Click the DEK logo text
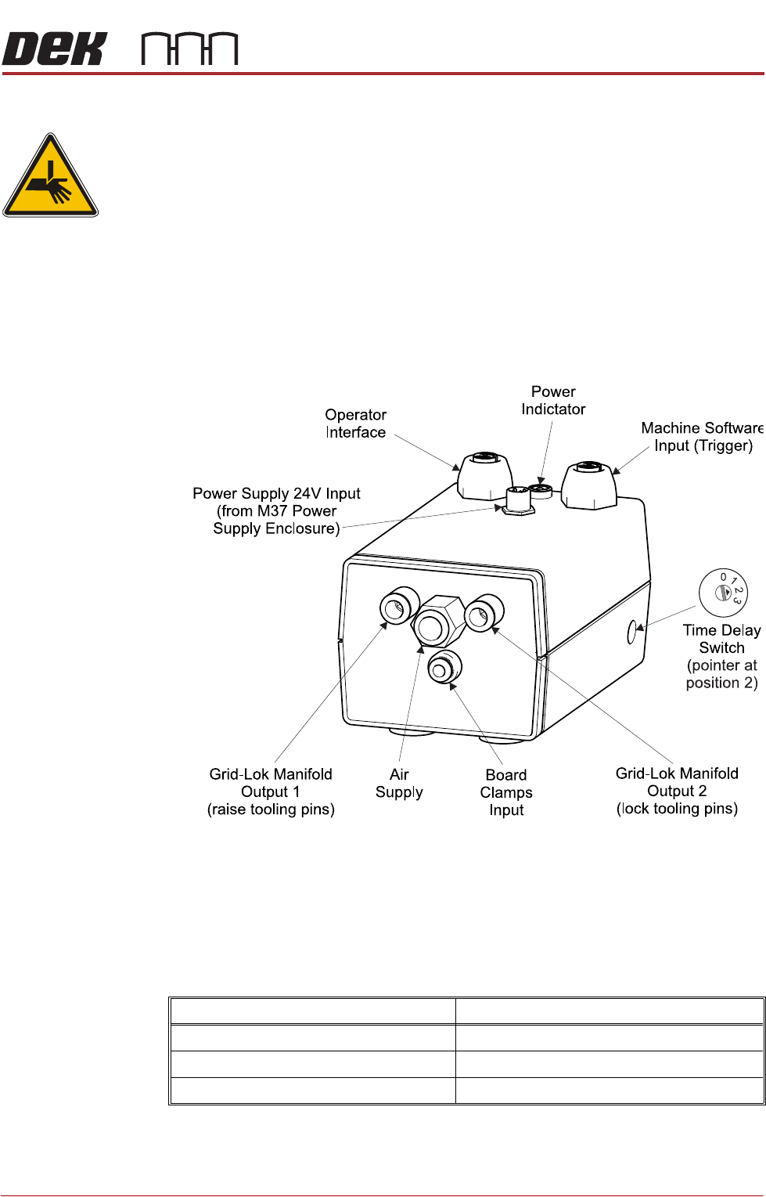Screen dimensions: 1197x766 (x=53, y=49)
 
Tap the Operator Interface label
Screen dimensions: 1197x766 (x=356, y=424)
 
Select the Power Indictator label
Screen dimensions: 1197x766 (x=553, y=400)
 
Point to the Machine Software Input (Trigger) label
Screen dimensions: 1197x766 (x=702, y=437)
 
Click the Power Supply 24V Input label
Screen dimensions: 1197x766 (x=276, y=510)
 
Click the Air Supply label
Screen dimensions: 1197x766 (x=399, y=783)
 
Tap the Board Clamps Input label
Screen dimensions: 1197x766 (x=506, y=792)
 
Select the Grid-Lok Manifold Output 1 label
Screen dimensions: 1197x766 (x=271, y=791)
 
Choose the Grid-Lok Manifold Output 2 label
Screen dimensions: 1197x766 (x=677, y=791)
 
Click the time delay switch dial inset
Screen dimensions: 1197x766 (x=723, y=593)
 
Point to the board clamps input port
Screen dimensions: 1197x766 (x=444, y=668)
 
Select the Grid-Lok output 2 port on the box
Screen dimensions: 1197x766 (x=484, y=614)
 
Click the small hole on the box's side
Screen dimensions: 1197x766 (x=631, y=631)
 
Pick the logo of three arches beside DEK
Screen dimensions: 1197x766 (x=189, y=49)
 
